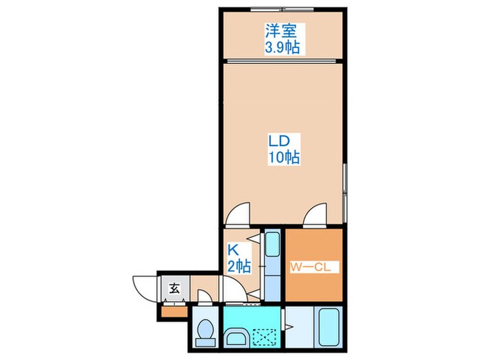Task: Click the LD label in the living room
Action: (282, 141)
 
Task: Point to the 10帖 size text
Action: (282, 157)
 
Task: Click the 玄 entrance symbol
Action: (174, 287)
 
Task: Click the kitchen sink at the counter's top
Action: (272, 243)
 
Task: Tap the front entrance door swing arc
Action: (145, 288)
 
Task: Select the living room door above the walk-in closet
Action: (317, 213)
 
